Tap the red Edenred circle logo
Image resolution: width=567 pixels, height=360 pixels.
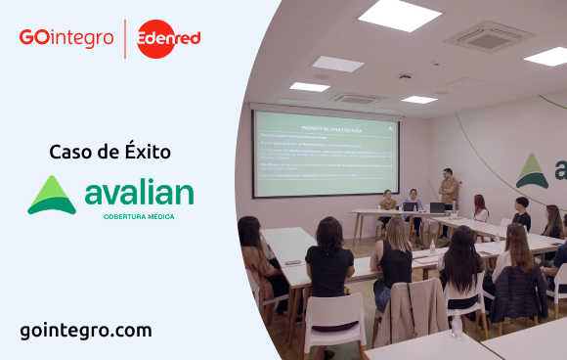pyautogui.click(x=168, y=39)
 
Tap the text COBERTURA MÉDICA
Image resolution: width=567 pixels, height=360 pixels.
pyautogui.click(x=138, y=216)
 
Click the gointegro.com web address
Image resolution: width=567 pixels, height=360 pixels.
pyautogui.click(x=86, y=330)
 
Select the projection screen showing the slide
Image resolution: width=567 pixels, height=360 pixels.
pyautogui.click(x=325, y=153)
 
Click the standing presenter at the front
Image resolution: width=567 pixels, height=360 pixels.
pyautogui.click(x=449, y=192)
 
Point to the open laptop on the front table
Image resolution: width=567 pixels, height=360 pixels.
pyautogui.click(x=436, y=207)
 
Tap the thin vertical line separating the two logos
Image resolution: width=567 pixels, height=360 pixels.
pyautogui.click(x=125, y=39)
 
